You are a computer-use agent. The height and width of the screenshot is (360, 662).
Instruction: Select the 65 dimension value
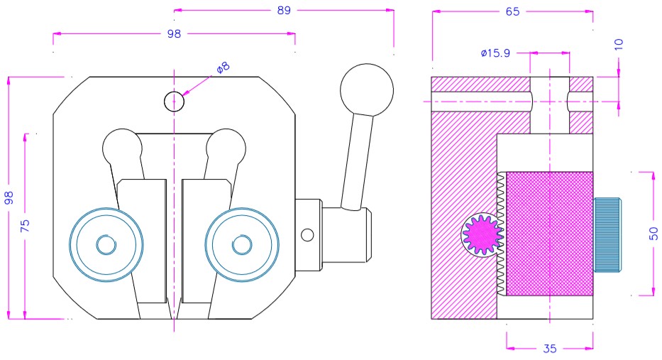coord(512,11)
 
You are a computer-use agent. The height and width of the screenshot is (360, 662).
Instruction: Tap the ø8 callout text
coord(224,67)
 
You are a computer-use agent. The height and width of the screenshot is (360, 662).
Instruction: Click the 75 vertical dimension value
coord(25,226)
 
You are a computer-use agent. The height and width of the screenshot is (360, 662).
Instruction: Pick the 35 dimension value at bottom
coord(550,348)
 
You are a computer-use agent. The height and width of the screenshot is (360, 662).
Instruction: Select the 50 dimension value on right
coord(653,233)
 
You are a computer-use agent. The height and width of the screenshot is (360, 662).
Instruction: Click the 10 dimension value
coord(619,43)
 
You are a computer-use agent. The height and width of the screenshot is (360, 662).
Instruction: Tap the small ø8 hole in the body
coord(174,102)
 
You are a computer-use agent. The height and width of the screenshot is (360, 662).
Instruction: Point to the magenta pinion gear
coord(482,235)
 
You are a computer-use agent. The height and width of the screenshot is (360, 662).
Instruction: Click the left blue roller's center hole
coord(106,245)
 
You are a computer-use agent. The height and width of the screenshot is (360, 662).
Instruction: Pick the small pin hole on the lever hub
coord(307,234)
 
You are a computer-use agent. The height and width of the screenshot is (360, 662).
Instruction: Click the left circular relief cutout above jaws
coord(123,148)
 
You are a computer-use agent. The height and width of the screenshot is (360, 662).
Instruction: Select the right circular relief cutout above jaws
coord(226,148)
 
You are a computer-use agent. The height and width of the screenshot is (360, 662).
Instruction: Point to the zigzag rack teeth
coord(500,234)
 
